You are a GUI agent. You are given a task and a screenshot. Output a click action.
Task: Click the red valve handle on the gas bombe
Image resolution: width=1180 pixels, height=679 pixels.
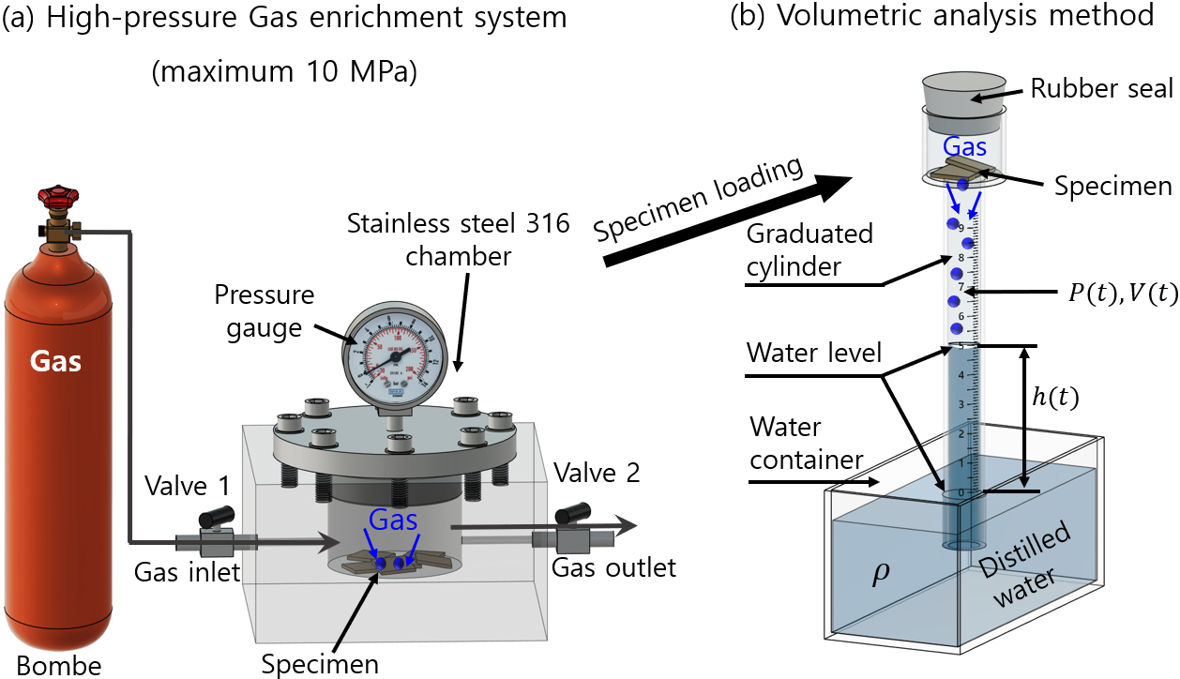point(55,199)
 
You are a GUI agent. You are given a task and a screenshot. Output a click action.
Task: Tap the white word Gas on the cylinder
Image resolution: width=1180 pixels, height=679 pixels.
point(57,362)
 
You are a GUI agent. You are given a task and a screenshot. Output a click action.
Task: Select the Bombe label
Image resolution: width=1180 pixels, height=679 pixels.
point(53,665)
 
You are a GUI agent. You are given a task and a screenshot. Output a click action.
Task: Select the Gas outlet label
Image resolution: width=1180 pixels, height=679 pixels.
point(613,567)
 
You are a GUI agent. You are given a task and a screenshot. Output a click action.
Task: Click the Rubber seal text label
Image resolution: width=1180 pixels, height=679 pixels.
point(1101,88)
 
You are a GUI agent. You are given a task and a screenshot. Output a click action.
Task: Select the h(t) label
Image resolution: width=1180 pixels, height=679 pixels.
point(1054,397)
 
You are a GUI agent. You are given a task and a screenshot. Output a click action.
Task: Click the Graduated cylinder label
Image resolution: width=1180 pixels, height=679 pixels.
point(810,249)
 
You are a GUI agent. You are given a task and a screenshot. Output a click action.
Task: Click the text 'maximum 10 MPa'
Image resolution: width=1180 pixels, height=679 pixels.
point(284,73)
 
